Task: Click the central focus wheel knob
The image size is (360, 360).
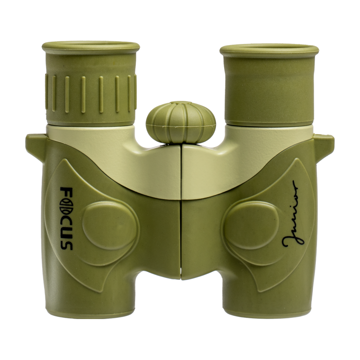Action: coord(181,122)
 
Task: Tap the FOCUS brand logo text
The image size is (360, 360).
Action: coord(66,218)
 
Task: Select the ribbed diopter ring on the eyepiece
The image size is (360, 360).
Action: coord(91,94)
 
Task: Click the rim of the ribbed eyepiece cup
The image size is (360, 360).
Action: coord(91,48)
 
